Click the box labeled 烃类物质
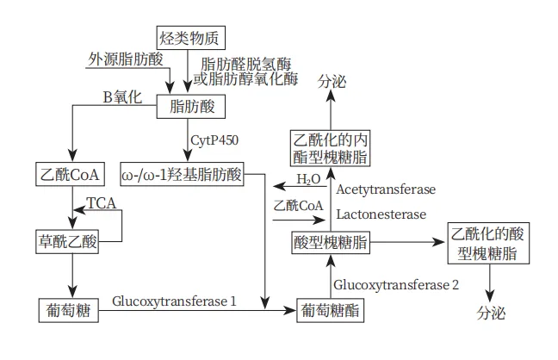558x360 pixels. pos(189,38)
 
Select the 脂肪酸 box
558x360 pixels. pos(190,107)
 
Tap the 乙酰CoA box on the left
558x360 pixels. pos(69,174)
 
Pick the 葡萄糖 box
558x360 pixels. pos(68,307)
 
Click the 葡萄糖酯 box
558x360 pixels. pos(330,308)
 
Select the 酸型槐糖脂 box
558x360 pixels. pos(331,244)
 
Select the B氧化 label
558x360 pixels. pos(122,97)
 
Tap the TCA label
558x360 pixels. pos(101,203)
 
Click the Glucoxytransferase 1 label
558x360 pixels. pos(175,301)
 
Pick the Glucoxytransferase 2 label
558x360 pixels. pos(396,284)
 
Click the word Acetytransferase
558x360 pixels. pos(386,189)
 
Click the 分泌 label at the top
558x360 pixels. pos(332,83)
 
